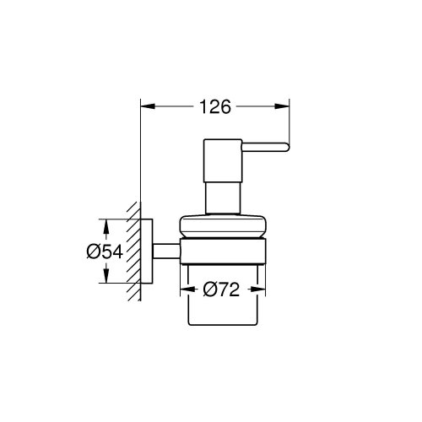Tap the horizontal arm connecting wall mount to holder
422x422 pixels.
(x=167, y=250)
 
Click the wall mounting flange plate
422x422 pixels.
(x=145, y=250)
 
